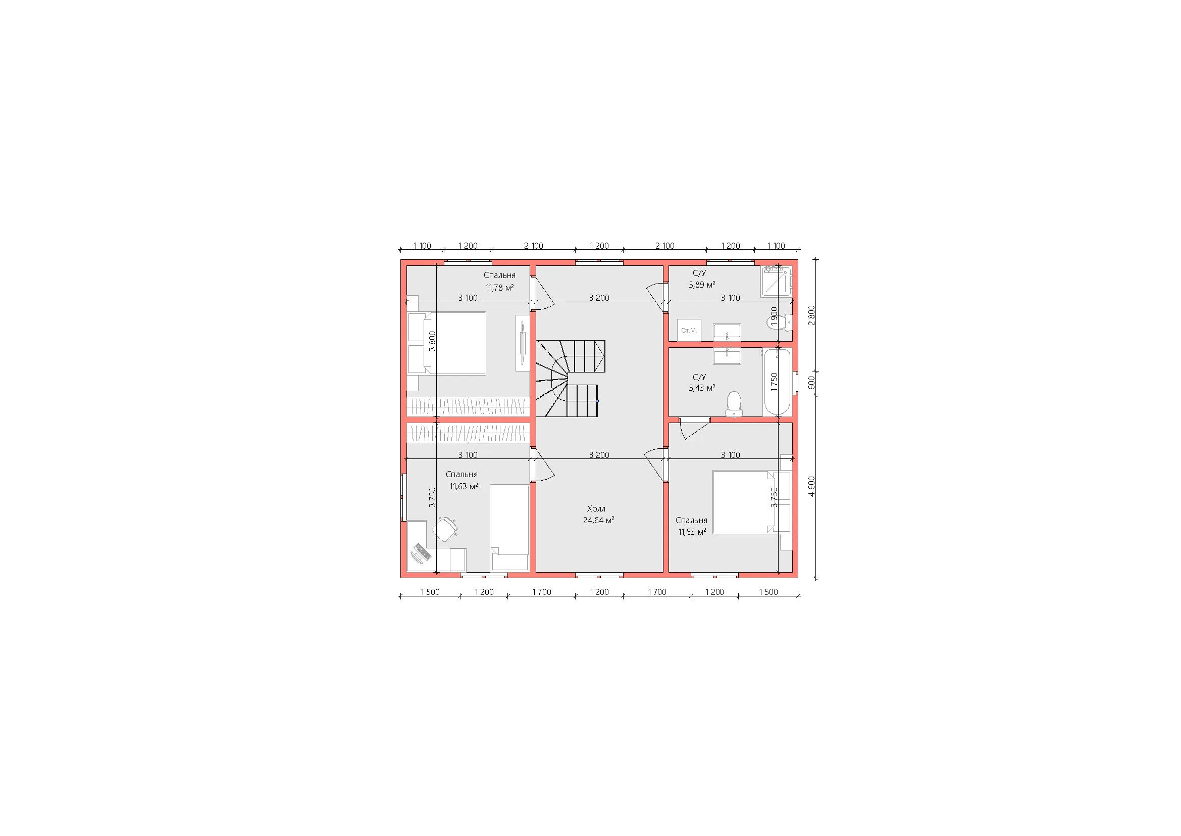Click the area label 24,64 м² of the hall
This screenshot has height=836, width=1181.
pyautogui.click(x=598, y=520)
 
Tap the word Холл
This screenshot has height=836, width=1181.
pyautogui.click(x=596, y=508)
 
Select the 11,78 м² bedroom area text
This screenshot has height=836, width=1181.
pyautogui.click(x=499, y=288)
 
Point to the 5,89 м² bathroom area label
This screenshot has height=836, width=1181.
pyautogui.click(x=702, y=284)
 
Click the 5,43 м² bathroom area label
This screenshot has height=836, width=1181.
pyautogui.click(x=702, y=388)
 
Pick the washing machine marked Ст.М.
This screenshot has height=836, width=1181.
pyautogui.click(x=689, y=330)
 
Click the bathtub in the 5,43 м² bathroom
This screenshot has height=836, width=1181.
pyautogui.click(x=777, y=382)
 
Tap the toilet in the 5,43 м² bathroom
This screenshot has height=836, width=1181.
pyautogui.click(x=734, y=405)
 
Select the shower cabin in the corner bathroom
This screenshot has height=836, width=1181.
pyautogui.click(x=777, y=281)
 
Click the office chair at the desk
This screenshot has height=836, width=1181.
pyautogui.click(x=445, y=529)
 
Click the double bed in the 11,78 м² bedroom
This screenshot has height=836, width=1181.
pyautogui.click(x=447, y=343)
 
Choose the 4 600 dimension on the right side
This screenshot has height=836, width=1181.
pyautogui.click(x=811, y=486)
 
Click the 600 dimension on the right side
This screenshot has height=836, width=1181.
pyautogui.click(x=811, y=383)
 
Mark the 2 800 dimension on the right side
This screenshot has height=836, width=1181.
pyautogui.click(x=811, y=315)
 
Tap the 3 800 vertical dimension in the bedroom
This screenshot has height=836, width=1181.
pyautogui.click(x=432, y=341)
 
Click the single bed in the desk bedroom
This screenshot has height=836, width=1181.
pyautogui.click(x=510, y=528)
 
